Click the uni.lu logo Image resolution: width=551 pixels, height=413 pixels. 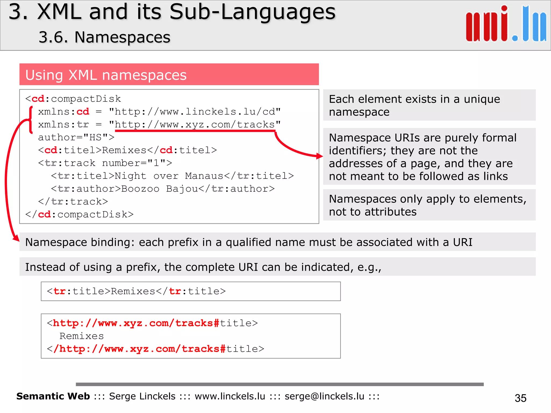506,24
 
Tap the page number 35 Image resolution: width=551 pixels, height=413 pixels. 520,398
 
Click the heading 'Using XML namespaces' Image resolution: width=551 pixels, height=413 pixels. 106,75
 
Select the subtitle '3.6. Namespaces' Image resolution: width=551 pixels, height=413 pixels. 104,37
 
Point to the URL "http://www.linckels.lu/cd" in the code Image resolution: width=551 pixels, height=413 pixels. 195,112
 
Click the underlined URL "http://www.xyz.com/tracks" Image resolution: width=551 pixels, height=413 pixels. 195,124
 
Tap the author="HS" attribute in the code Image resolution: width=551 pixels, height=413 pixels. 76,137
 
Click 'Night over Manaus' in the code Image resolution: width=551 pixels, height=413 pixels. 169,176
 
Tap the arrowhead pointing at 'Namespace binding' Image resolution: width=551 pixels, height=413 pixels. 16,238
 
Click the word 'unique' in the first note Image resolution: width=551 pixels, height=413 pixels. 482,99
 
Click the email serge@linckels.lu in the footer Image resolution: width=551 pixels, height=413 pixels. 324,396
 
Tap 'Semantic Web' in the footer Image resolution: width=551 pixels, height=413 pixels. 53,396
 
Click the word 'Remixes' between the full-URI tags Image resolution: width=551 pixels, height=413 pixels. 82,336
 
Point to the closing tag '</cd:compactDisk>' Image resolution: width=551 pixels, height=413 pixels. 79,215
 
